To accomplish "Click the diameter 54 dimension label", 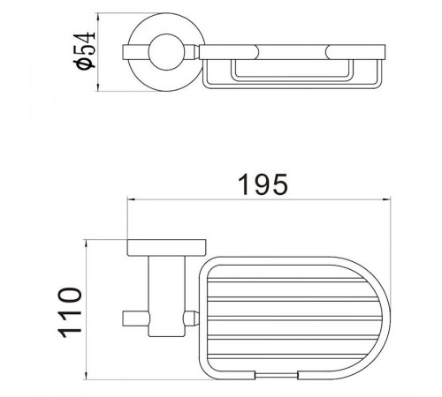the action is (x=85, y=50).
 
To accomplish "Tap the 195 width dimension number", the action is (x=263, y=184).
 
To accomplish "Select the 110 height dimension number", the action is (x=71, y=312).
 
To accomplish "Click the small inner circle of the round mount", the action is (x=166, y=52).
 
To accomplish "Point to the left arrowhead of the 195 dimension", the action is (x=131, y=199).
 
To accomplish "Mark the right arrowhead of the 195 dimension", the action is (x=386, y=199).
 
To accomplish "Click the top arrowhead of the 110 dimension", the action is (x=87, y=243).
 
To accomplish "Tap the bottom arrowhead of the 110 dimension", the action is (x=87, y=375).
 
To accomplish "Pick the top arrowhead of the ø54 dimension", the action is (x=98, y=17).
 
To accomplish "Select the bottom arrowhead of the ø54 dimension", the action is (x=98, y=87).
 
